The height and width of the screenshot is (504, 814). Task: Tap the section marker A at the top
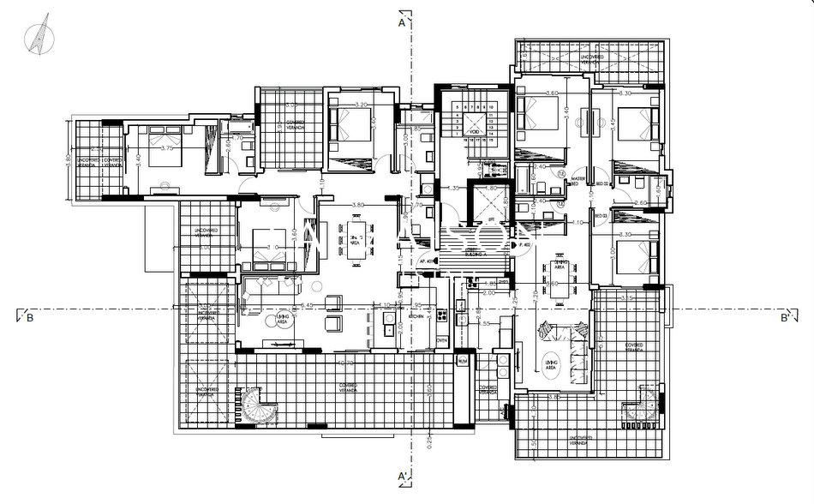[401, 24]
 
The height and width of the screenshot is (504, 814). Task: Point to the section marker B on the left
[28, 317]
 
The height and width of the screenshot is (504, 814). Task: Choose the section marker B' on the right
[784, 317]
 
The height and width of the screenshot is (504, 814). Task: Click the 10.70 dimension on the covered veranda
[346, 363]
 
